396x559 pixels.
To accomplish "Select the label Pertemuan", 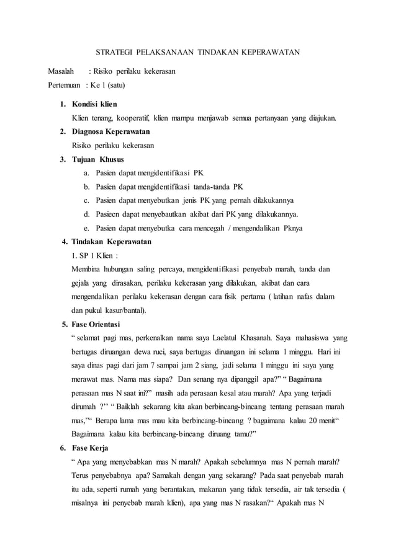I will [67, 86].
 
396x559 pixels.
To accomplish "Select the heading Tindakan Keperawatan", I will [111, 241].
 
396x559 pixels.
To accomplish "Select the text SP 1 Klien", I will [94, 255].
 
